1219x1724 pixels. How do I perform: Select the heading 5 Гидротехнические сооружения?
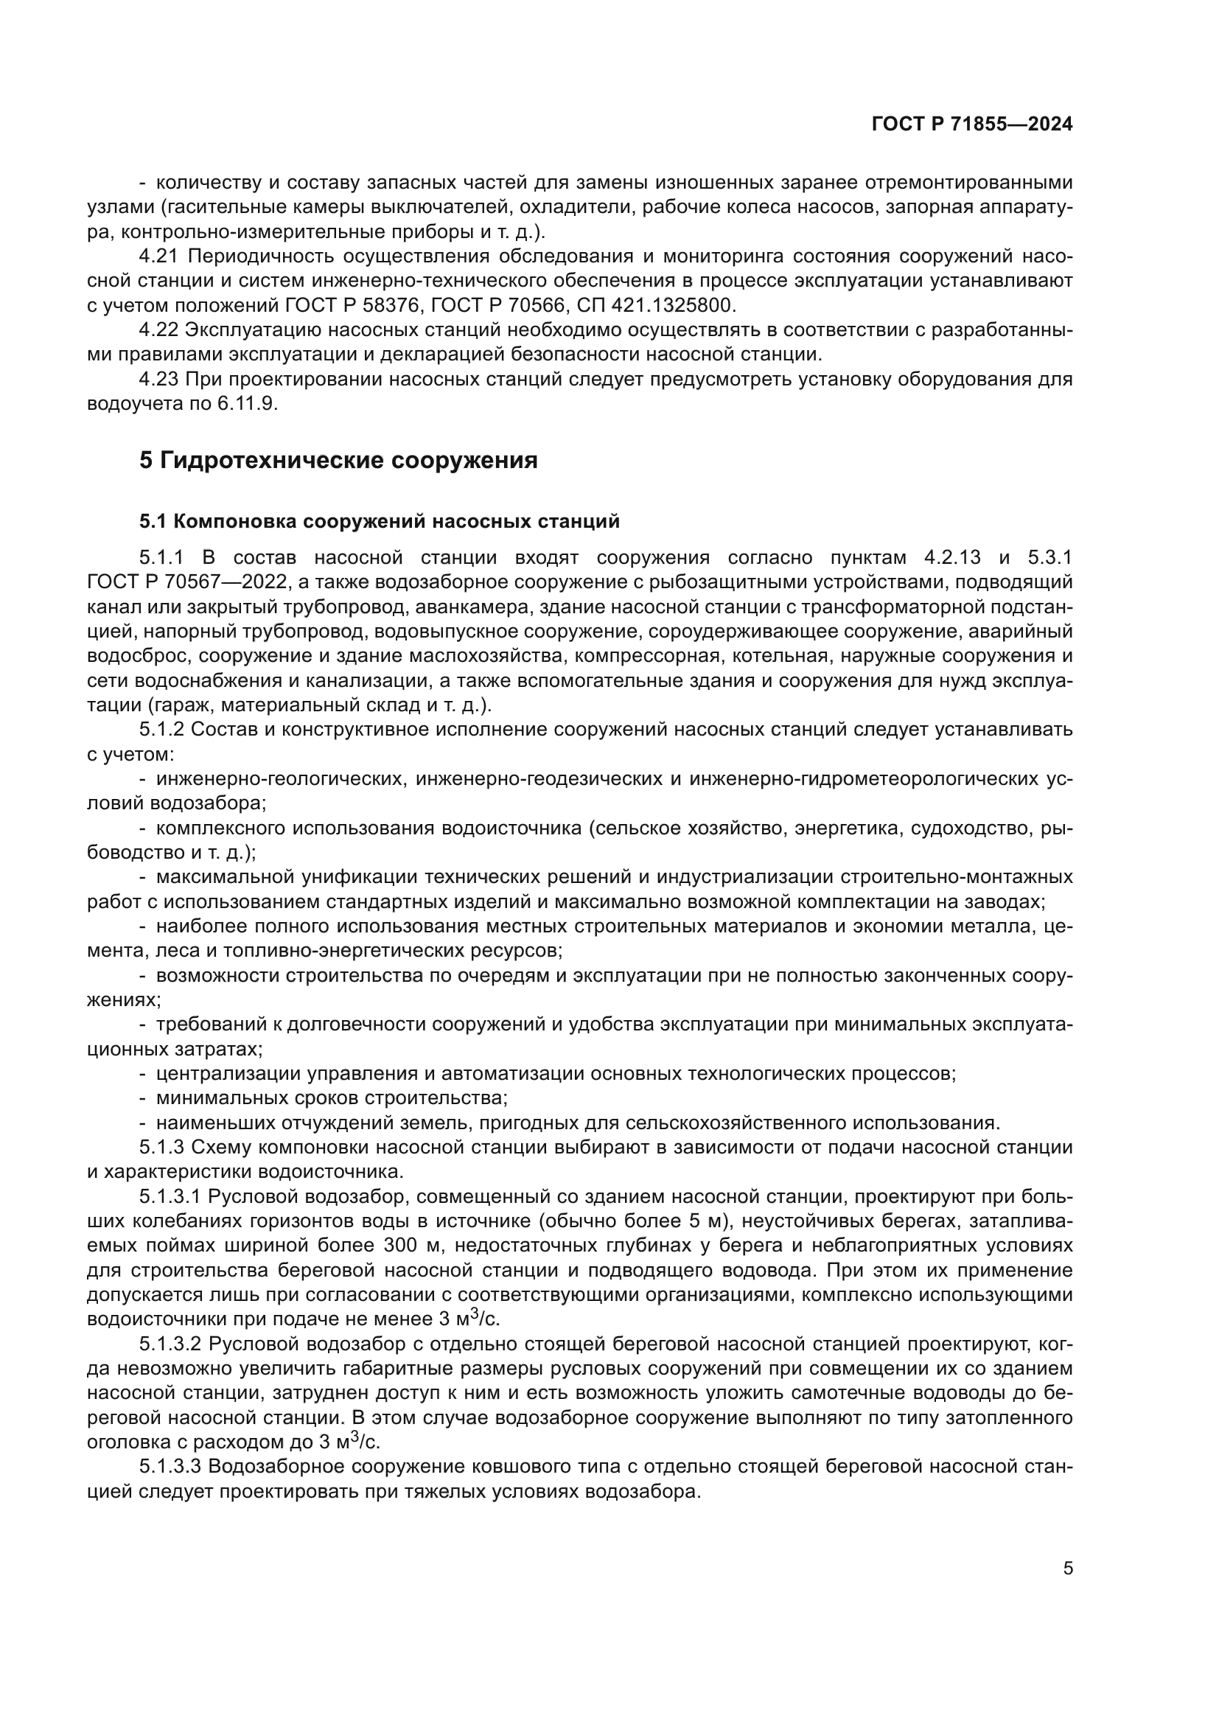tap(338, 460)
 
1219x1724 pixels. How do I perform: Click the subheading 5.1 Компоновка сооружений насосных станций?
tap(379, 521)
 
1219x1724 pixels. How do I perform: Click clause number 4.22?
tap(158, 330)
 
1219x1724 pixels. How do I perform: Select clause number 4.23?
tap(158, 379)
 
